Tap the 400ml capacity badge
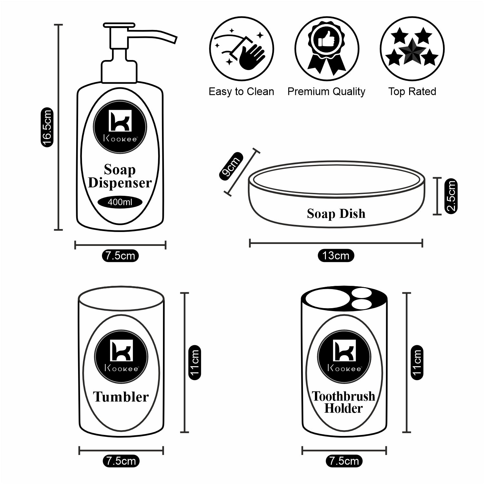[120, 202]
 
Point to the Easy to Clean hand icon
[241, 49]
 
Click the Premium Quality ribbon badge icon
[327, 49]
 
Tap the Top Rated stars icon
[412, 49]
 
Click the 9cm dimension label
[230, 166]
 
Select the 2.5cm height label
[451, 196]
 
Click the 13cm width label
[336, 256]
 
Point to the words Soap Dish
[336, 214]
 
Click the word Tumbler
[121, 397]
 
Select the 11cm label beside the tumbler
[195, 362]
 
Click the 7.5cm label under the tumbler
[121, 461]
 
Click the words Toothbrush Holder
[344, 402]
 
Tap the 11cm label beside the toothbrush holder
[417, 362]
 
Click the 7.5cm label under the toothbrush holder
[344, 461]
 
